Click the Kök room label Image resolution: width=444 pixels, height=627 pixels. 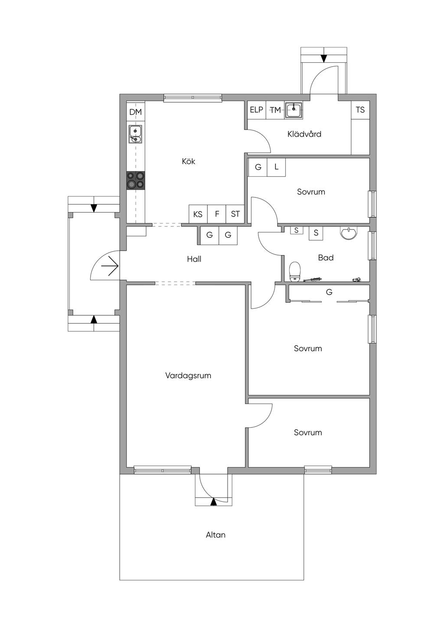click(188, 161)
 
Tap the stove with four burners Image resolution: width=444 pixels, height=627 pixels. click(136, 181)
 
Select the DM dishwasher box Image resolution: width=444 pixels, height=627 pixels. click(136, 112)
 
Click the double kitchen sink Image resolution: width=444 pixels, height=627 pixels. click(136, 134)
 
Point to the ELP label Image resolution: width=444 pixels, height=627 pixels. click(257, 110)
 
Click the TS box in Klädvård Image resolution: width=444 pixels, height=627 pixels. click(360, 110)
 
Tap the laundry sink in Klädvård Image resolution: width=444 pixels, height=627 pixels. click(294, 110)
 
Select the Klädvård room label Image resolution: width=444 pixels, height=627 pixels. click(304, 134)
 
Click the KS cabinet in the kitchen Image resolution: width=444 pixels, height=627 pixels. click(198, 214)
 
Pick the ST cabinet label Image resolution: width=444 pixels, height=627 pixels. click(235, 214)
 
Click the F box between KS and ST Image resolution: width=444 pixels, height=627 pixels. click(217, 214)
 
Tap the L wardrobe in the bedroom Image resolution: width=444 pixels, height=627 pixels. click(276, 167)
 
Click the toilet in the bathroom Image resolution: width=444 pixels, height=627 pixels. click(294, 271)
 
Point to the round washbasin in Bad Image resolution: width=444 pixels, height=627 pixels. click(349, 233)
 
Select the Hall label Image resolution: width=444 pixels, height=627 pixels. click(194, 259)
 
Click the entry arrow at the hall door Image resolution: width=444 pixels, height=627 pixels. click(110, 266)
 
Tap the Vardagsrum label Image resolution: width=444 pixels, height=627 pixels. click(188, 375)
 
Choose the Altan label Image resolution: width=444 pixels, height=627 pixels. click(215, 535)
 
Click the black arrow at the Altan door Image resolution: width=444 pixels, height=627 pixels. click(214, 502)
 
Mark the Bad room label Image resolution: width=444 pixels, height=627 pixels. click(326, 258)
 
